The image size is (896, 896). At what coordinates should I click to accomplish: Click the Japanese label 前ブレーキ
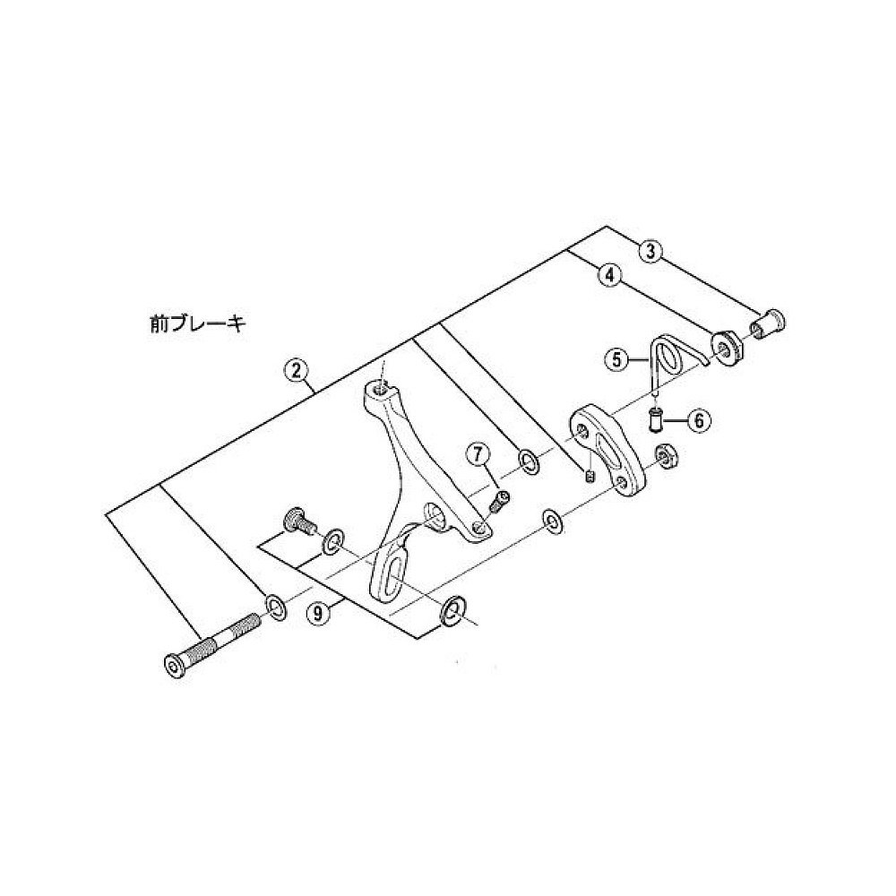click(x=198, y=323)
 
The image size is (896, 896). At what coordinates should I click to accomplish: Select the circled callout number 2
click(x=296, y=367)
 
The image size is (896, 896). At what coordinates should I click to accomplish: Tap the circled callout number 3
click(x=652, y=252)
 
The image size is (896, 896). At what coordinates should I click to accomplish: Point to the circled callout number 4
click(x=610, y=276)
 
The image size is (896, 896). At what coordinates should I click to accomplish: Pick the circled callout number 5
click(x=616, y=361)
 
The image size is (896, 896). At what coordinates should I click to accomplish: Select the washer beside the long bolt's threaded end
click(x=275, y=607)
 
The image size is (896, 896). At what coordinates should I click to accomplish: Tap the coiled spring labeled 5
click(x=667, y=357)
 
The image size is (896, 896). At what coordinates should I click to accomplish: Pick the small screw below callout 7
click(x=499, y=502)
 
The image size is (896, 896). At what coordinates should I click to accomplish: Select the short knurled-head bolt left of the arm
click(x=297, y=520)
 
